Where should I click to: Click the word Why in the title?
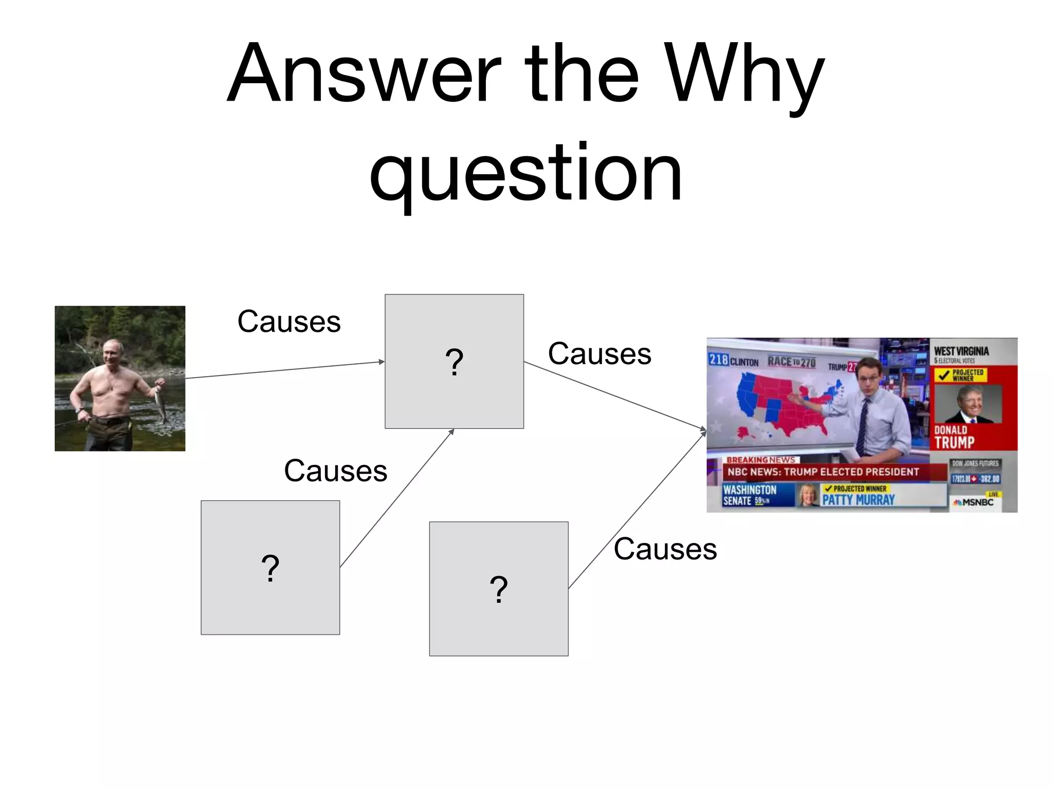click(744, 74)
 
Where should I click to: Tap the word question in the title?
click(525, 172)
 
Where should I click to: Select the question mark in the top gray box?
click(454, 362)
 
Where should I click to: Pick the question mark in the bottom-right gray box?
click(498, 589)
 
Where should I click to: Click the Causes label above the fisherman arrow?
click(289, 322)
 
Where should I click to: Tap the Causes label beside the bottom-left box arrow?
click(335, 471)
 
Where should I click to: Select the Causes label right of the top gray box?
click(600, 354)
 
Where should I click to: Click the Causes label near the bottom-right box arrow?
click(665, 549)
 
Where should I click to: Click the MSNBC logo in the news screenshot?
click(973, 502)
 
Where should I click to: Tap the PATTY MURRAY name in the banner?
click(858, 500)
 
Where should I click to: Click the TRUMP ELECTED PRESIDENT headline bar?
click(823, 472)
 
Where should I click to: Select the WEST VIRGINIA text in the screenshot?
click(961, 351)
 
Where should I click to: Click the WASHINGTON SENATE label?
click(749, 495)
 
